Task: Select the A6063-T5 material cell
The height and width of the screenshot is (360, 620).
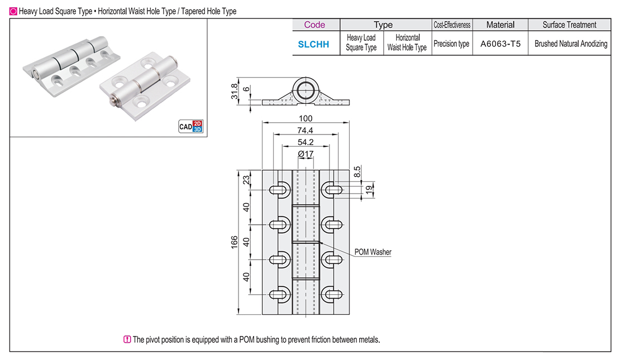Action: (500, 44)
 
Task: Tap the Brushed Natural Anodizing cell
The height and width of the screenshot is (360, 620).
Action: (570, 44)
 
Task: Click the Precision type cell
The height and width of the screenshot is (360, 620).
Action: (451, 44)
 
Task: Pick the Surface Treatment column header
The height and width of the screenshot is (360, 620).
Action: (569, 25)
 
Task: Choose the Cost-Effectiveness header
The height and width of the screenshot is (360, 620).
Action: (452, 25)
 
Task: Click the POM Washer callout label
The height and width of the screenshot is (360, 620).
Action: (373, 252)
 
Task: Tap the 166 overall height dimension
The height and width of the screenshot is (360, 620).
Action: (235, 242)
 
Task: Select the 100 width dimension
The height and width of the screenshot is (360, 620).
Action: (306, 118)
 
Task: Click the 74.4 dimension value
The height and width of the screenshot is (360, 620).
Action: (306, 130)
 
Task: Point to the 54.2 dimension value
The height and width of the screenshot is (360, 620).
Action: (306, 142)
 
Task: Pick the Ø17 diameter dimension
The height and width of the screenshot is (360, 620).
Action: (305, 153)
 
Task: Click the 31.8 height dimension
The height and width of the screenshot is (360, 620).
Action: (235, 90)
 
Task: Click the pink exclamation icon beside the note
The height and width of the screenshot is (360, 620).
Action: (127, 339)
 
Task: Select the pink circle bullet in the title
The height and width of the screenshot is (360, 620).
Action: (13, 11)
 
